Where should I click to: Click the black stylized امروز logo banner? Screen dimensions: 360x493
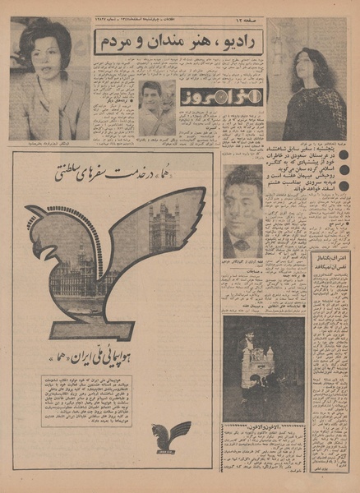(209, 96)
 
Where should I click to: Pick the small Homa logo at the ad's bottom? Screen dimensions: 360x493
(171, 436)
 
